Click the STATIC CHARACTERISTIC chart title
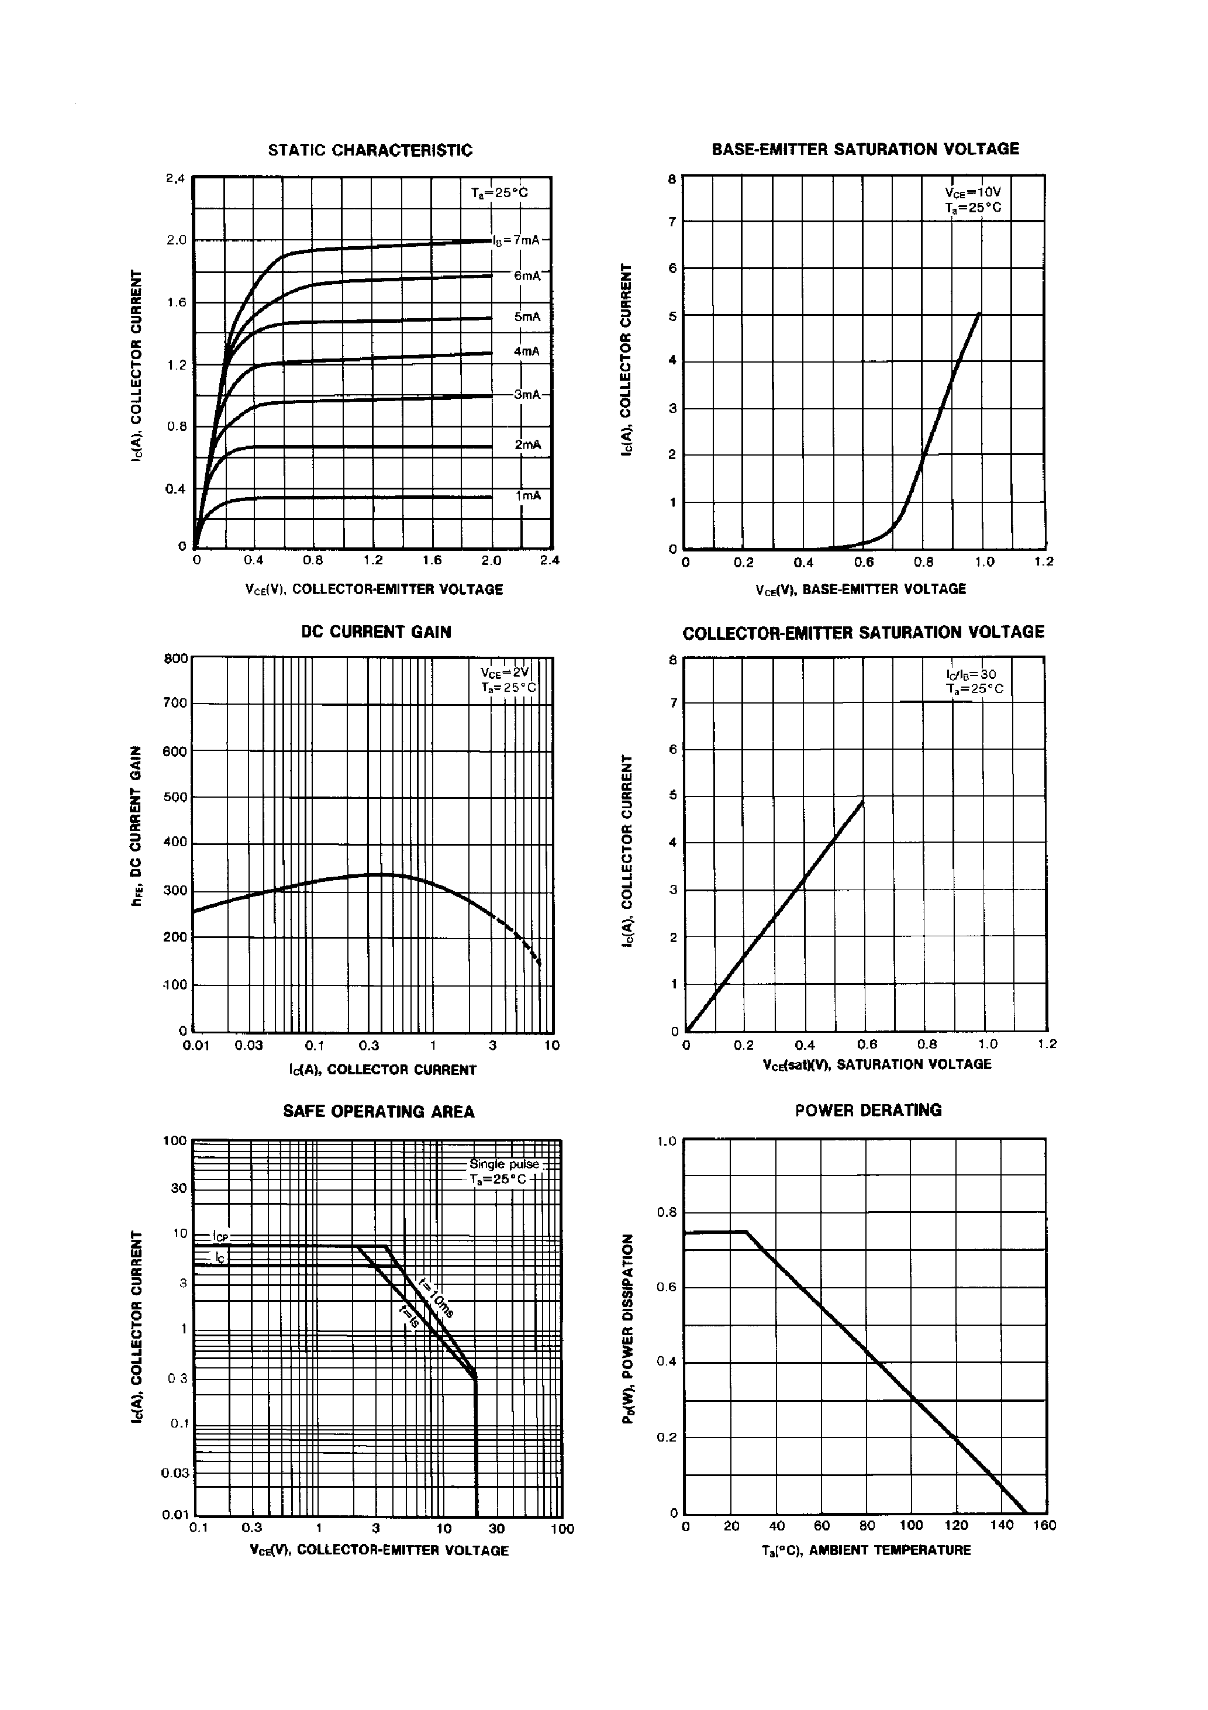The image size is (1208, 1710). tap(370, 150)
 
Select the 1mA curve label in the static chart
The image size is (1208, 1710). tap(528, 495)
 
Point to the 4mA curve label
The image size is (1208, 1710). tap(527, 351)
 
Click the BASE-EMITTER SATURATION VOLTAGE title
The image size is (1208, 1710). tap(865, 149)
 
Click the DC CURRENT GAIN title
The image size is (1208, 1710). tap(376, 632)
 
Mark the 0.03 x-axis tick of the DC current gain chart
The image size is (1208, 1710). tap(248, 1046)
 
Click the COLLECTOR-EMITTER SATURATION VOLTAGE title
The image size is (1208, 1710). tap(863, 632)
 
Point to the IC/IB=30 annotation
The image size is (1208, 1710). tap(971, 675)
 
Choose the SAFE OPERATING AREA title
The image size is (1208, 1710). tap(378, 1112)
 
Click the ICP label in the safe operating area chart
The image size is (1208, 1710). tap(221, 1236)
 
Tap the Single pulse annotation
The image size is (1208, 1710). tap(504, 1164)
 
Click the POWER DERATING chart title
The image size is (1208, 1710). tap(868, 1111)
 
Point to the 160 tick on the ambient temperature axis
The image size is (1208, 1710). tap(1045, 1525)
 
